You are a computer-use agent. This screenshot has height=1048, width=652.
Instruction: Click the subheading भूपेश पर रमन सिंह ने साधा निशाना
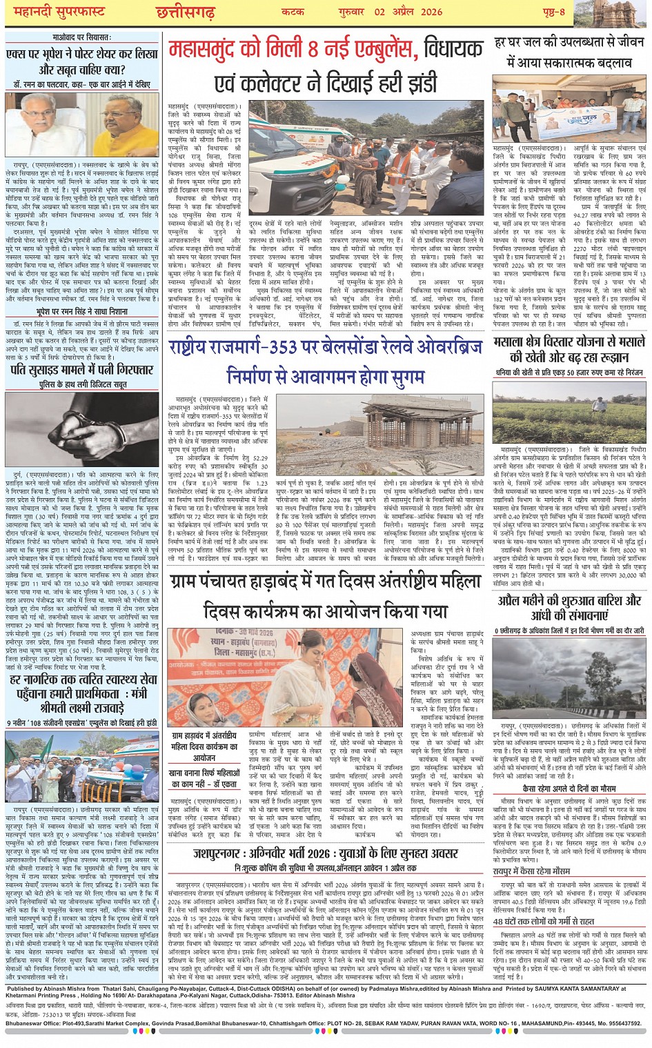(x=82, y=312)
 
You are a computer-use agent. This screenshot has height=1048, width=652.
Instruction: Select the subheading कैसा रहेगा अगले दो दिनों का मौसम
(x=570, y=787)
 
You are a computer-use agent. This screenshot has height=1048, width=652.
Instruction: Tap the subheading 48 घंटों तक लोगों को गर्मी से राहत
(x=552, y=920)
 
